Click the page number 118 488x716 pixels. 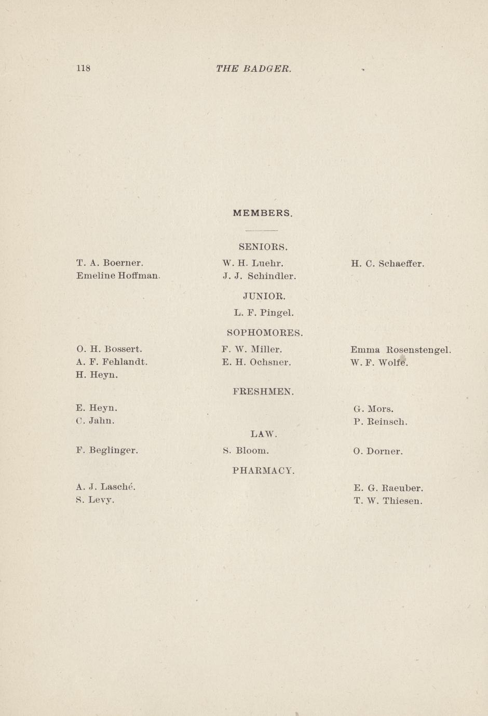click(x=83, y=68)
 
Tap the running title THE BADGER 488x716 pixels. click(x=253, y=69)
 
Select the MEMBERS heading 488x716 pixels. click(x=263, y=213)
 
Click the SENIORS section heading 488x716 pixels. click(x=263, y=246)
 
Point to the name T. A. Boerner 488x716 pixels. click(x=110, y=263)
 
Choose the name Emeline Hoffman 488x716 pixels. click(x=117, y=276)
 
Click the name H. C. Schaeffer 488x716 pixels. click(x=387, y=263)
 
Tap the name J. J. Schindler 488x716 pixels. click(x=259, y=276)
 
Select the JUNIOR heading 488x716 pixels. click(x=264, y=296)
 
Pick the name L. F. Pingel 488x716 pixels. click(x=264, y=313)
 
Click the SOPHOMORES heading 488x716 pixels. click(x=265, y=332)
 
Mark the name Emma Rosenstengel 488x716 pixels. click(x=400, y=350)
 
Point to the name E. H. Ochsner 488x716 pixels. click(x=256, y=362)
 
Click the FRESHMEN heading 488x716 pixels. click(x=264, y=391)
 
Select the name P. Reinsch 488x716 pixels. click(x=380, y=422)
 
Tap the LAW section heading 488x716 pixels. click(x=264, y=434)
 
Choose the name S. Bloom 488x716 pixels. click(x=246, y=451)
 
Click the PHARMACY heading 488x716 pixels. click(x=264, y=471)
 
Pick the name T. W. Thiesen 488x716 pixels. click(x=388, y=501)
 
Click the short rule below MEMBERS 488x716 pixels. click(x=262, y=230)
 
